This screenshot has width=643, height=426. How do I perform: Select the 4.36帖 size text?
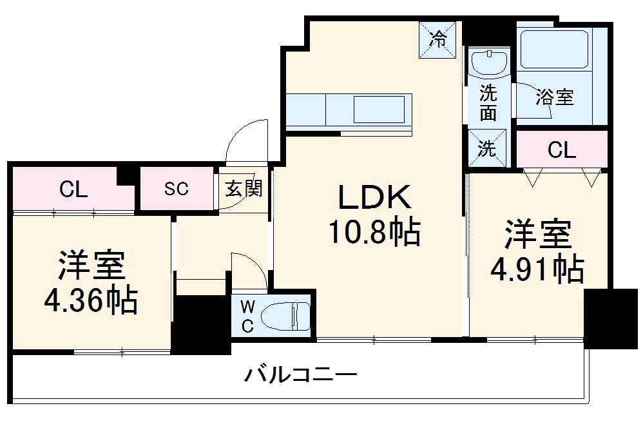tap(90, 300)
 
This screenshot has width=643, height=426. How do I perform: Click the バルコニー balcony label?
tap(301, 375)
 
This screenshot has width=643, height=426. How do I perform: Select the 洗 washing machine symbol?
tap(488, 148)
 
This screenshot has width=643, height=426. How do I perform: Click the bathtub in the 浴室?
tap(555, 50)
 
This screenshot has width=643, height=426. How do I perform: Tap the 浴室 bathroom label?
tap(555, 98)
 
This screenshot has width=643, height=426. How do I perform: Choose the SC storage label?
tap(176, 189)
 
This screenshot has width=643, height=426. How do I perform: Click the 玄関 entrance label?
tap(243, 189)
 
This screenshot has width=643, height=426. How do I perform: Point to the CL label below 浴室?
tap(561, 150)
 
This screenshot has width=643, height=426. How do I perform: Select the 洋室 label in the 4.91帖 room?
tap(537, 235)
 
